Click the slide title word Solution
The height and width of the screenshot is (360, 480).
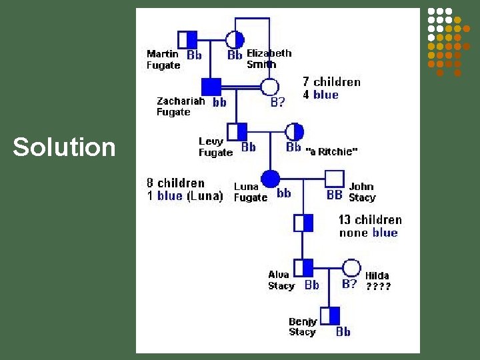pyautogui.click(x=64, y=147)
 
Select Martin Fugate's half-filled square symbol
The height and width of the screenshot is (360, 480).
pyautogui.click(x=187, y=39)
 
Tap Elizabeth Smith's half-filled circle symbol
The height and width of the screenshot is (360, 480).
pyautogui.click(x=234, y=39)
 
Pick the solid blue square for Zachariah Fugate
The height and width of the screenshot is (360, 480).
pyautogui.click(x=211, y=87)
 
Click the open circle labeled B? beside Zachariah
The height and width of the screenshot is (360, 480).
pyautogui.click(x=269, y=87)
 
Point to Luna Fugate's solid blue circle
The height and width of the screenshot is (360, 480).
pyautogui.click(x=269, y=179)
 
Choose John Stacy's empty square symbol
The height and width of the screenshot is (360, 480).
pyautogui.click(x=334, y=179)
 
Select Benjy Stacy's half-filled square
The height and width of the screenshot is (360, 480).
pyautogui.click(x=329, y=315)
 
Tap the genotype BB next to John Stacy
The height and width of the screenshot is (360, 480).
pyautogui.click(x=335, y=195)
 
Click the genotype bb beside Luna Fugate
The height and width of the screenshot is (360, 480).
pyautogui.click(x=283, y=193)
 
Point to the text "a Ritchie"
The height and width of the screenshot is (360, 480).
pyautogui.click(x=331, y=151)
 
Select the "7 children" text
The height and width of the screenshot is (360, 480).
pyautogui.click(x=331, y=82)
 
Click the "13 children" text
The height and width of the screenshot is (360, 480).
pyautogui.click(x=370, y=220)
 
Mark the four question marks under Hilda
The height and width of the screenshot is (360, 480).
pyautogui.click(x=378, y=287)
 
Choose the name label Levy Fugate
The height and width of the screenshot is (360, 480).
pyautogui.click(x=215, y=147)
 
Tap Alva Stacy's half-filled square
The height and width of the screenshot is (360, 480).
pyautogui.click(x=303, y=268)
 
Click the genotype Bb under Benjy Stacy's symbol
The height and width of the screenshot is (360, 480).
pyautogui.click(x=343, y=331)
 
